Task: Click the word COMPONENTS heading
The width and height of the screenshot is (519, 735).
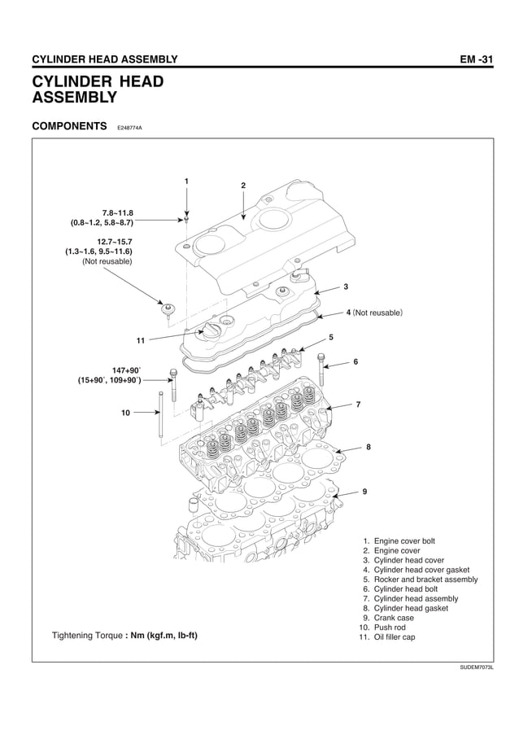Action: (x=69, y=127)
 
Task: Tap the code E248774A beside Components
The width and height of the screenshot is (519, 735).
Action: (x=129, y=129)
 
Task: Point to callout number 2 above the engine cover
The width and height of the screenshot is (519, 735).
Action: (x=242, y=186)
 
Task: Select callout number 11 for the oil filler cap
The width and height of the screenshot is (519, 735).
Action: (x=141, y=340)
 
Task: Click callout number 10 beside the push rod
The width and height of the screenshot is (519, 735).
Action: (x=125, y=413)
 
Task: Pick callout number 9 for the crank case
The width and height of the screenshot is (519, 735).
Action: (x=364, y=492)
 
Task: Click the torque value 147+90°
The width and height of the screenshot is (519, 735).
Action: (x=126, y=370)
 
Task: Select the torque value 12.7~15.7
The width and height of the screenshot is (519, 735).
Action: (x=114, y=242)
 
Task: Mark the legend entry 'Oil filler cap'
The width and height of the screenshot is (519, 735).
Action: (x=394, y=637)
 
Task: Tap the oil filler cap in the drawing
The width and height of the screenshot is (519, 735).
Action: (x=213, y=332)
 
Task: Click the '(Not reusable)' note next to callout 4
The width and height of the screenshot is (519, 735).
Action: (x=379, y=312)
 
